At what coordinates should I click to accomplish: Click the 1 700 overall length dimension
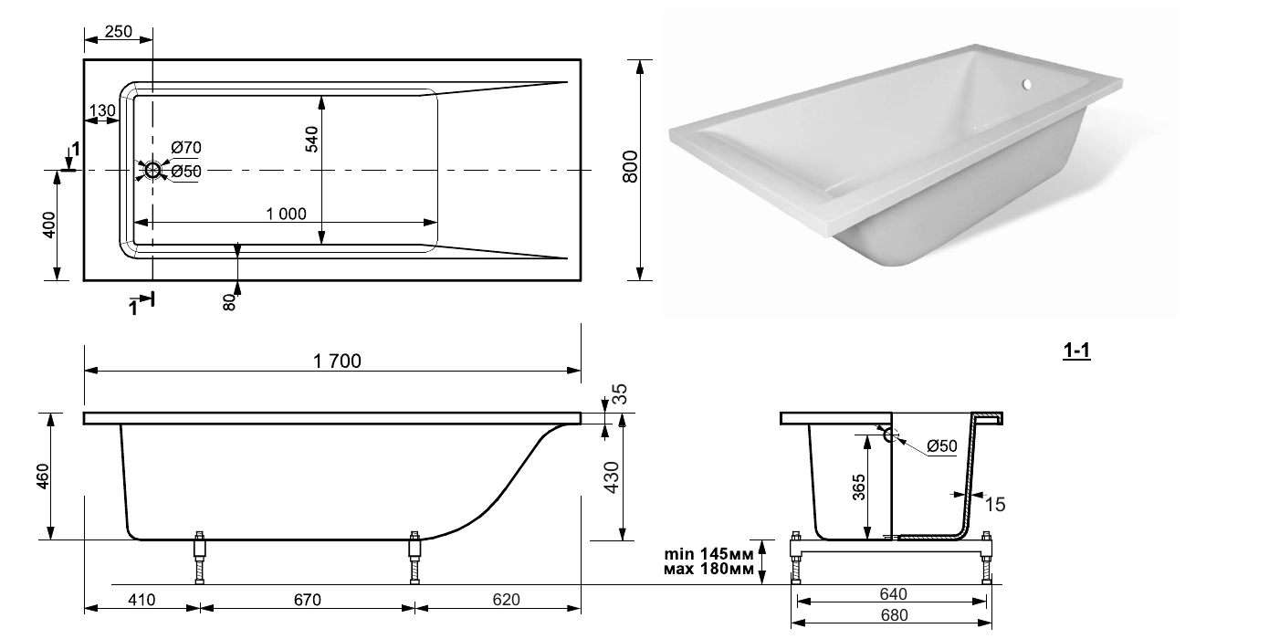click(x=337, y=361)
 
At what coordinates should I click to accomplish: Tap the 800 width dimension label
click(x=630, y=166)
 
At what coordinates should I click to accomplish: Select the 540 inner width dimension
click(x=311, y=140)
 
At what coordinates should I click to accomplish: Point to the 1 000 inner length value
click(x=286, y=214)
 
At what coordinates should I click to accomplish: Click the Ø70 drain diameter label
click(x=186, y=148)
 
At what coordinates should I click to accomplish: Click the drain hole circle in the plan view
click(x=152, y=170)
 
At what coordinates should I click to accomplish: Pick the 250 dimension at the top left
click(x=119, y=32)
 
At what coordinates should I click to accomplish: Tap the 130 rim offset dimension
click(x=102, y=110)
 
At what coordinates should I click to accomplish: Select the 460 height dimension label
click(x=43, y=477)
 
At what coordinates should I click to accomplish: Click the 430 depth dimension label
click(x=612, y=477)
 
